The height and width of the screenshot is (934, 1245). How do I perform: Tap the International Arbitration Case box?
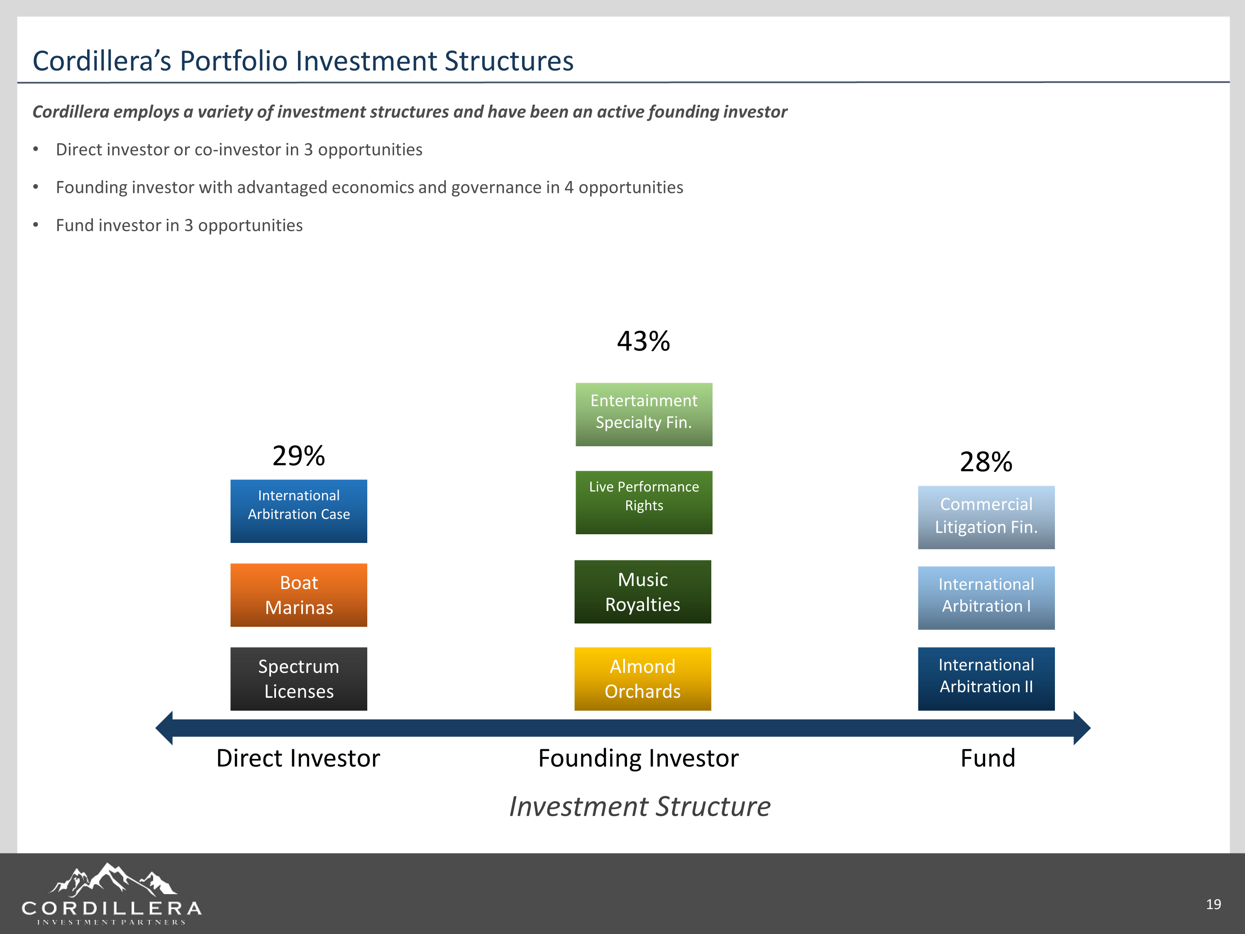[x=298, y=511]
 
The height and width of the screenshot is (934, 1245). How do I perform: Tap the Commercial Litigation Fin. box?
[x=986, y=517]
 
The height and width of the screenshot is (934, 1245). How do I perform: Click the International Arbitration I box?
[x=986, y=597]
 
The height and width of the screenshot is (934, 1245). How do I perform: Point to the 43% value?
[x=643, y=341]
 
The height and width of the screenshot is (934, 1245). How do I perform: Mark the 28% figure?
[x=986, y=462]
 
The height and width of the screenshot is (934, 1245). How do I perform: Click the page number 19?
[x=1213, y=904]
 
